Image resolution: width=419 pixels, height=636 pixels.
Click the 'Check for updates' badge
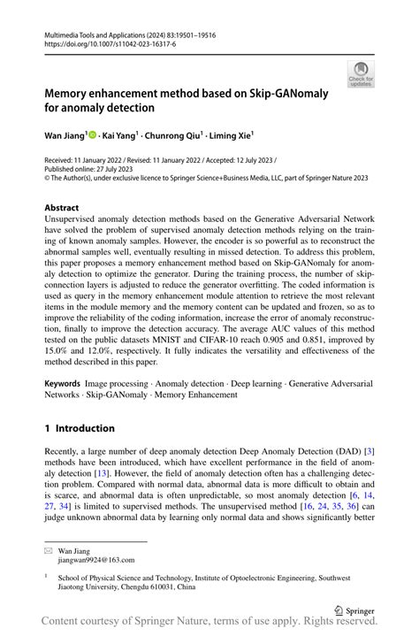[x=361, y=73]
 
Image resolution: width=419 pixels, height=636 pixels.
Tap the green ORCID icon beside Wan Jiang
[x=93, y=135]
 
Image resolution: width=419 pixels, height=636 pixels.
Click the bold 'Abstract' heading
[x=61, y=208]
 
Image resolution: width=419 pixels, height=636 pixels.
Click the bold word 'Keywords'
[x=66, y=384]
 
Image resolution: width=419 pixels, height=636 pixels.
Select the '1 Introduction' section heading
[x=79, y=428]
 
